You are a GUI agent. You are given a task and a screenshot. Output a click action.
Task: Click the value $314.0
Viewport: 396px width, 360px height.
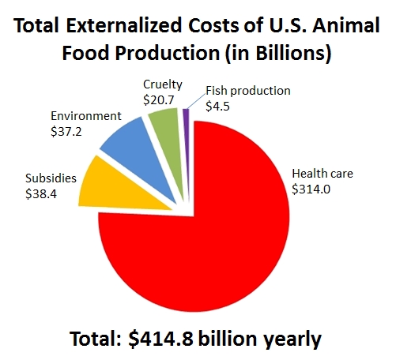click(311, 189)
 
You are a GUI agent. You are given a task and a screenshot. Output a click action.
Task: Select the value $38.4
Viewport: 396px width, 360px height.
click(41, 194)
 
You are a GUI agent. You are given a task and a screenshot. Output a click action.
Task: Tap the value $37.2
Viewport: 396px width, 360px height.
click(66, 131)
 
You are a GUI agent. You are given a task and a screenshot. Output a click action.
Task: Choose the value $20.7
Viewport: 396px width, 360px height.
click(159, 100)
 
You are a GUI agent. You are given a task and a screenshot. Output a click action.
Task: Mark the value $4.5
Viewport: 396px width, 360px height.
click(217, 106)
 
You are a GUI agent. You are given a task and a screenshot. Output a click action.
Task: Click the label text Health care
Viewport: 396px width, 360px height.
click(322, 174)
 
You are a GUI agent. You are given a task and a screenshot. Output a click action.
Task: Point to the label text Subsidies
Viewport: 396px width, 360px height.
click(51, 178)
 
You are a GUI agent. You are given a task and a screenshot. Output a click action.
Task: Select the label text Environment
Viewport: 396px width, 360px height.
click(86, 116)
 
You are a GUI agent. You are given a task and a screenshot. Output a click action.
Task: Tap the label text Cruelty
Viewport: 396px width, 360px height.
click(163, 84)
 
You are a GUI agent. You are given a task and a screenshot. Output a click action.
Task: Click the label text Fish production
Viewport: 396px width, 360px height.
click(248, 91)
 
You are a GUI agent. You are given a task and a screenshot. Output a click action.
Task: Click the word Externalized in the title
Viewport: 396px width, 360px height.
click(124, 25)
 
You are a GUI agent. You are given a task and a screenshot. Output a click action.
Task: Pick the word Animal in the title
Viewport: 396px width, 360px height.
click(346, 25)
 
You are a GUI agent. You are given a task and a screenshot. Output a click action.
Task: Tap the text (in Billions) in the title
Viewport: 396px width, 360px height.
click(278, 53)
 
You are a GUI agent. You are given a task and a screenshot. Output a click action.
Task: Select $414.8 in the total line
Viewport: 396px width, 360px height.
click(160, 339)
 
